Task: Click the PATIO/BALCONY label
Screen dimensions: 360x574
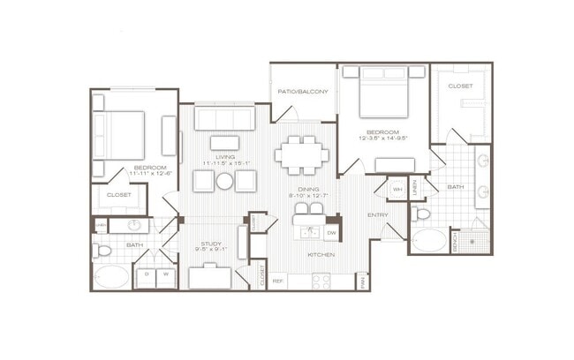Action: [303, 92]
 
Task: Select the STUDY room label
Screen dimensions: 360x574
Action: [210, 244]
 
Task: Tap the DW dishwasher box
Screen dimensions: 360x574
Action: [330, 233]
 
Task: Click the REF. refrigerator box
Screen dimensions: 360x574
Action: [277, 281]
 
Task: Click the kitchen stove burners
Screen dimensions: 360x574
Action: [321, 281]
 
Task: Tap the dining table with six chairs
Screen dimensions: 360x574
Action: [301, 154]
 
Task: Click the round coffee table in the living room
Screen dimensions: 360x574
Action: [225, 181]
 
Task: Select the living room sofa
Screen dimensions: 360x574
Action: [224, 119]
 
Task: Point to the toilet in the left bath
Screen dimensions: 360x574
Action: [102, 251]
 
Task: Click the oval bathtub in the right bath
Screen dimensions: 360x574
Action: [431, 242]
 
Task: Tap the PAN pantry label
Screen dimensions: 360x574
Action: [362, 281]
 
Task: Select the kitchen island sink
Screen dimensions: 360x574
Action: [308, 231]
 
